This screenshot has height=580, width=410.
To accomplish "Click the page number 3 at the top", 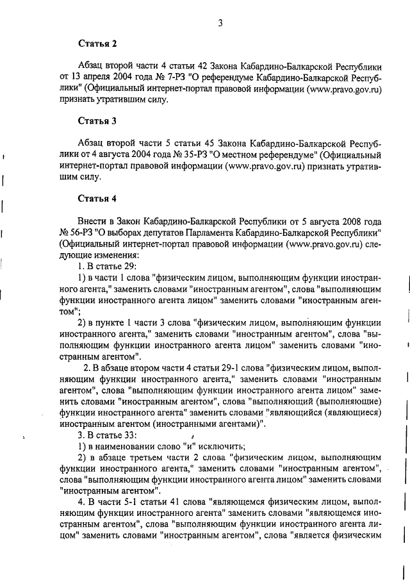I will pyautogui.click(x=220, y=24).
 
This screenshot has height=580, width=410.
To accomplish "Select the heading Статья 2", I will pyautogui.click(x=97, y=44).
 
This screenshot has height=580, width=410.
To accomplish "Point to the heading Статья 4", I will pyautogui.click(x=97, y=196).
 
